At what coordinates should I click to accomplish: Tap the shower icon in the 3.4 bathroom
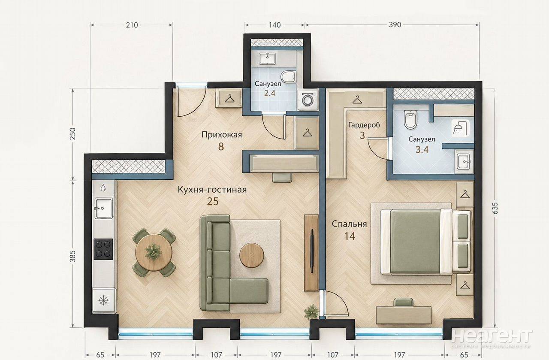(461, 128)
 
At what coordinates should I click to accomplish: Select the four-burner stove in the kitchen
(103, 249)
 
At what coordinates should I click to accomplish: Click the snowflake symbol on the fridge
(103, 300)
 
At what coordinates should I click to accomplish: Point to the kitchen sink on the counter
(104, 208)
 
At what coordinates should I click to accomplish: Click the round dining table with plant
(154, 252)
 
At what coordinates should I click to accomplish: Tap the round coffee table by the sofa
(252, 255)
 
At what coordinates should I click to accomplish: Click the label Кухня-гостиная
(212, 190)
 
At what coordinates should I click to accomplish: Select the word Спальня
(349, 224)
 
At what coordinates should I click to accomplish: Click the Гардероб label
(364, 125)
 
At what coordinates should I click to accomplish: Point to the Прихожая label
(222, 135)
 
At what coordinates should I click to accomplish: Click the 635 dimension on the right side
(495, 208)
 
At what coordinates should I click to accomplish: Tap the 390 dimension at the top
(395, 25)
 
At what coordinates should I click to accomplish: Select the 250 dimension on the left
(73, 133)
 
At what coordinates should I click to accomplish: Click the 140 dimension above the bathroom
(274, 25)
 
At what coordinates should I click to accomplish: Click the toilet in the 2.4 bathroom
(288, 76)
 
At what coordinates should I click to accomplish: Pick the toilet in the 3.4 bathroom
(410, 119)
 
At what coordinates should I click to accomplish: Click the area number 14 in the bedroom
(350, 236)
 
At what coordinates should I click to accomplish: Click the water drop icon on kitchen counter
(103, 188)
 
